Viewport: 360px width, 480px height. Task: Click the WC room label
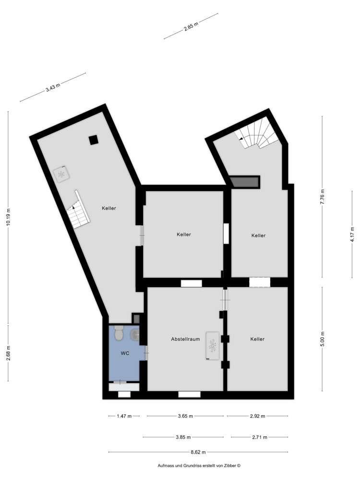pyautogui.click(x=125, y=353)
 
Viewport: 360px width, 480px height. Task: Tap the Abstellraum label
pyautogui.click(x=185, y=339)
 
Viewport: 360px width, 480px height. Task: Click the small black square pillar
pyautogui.click(x=93, y=140)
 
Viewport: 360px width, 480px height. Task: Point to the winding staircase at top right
pyautogui.click(x=258, y=135)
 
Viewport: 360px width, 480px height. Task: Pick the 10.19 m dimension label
pyautogui.click(x=9, y=219)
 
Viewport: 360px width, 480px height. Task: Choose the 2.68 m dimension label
pyautogui.click(x=9, y=353)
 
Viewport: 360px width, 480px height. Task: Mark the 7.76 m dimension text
pyautogui.click(x=323, y=197)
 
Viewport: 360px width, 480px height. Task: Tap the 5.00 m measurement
pyautogui.click(x=323, y=339)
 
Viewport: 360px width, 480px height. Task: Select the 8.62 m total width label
pyautogui.click(x=198, y=452)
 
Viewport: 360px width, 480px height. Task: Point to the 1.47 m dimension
pyautogui.click(x=124, y=416)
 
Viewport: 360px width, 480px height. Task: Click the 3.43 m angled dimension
pyautogui.click(x=53, y=87)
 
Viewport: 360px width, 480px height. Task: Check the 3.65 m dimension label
pyautogui.click(x=185, y=416)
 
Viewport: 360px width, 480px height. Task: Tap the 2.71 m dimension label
pyautogui.click(x=259, y=437)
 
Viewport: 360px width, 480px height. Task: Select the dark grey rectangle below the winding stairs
pyautogui.click(x=244, y=182)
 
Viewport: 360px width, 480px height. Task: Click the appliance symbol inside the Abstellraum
pyautogui.click(x=213, y=345)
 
